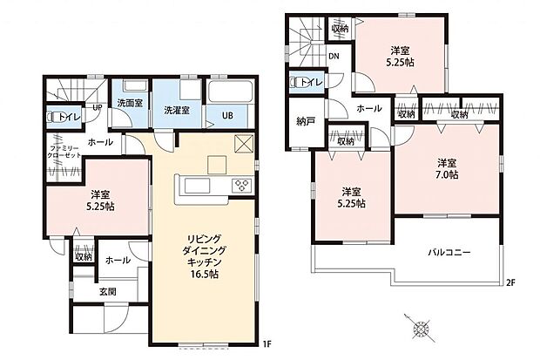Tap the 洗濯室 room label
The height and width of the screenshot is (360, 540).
pos(178,112)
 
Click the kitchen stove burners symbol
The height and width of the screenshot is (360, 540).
pos(240,186)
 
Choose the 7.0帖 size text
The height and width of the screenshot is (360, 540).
pos(448,175)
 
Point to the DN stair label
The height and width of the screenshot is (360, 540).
pos(334,58)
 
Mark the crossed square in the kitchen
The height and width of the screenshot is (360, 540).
pos(243,146)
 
